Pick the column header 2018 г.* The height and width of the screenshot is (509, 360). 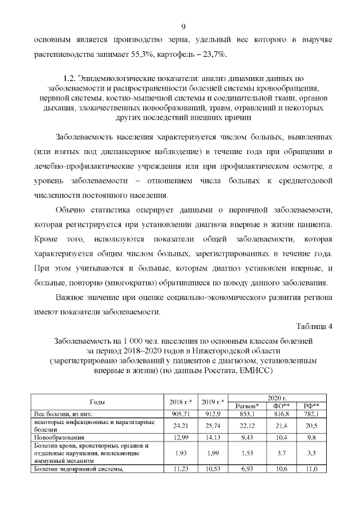tap(181, 401)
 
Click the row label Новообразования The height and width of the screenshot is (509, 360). tap(58, 437)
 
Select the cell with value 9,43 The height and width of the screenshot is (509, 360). tap(246, 437)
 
